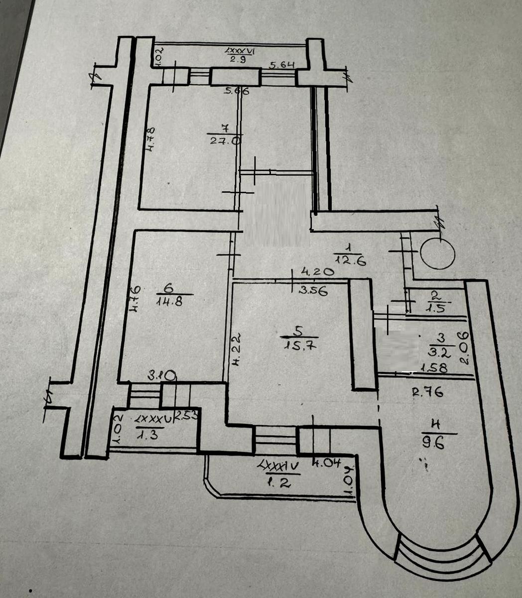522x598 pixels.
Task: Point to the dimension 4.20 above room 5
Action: tap(317, 273)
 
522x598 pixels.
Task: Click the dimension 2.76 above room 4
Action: tap(428, 392)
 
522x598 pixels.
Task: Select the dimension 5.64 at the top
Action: tap(283, 64)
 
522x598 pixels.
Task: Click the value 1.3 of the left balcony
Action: tap(147, 435)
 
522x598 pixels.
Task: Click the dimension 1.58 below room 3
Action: tap(433, 369)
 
